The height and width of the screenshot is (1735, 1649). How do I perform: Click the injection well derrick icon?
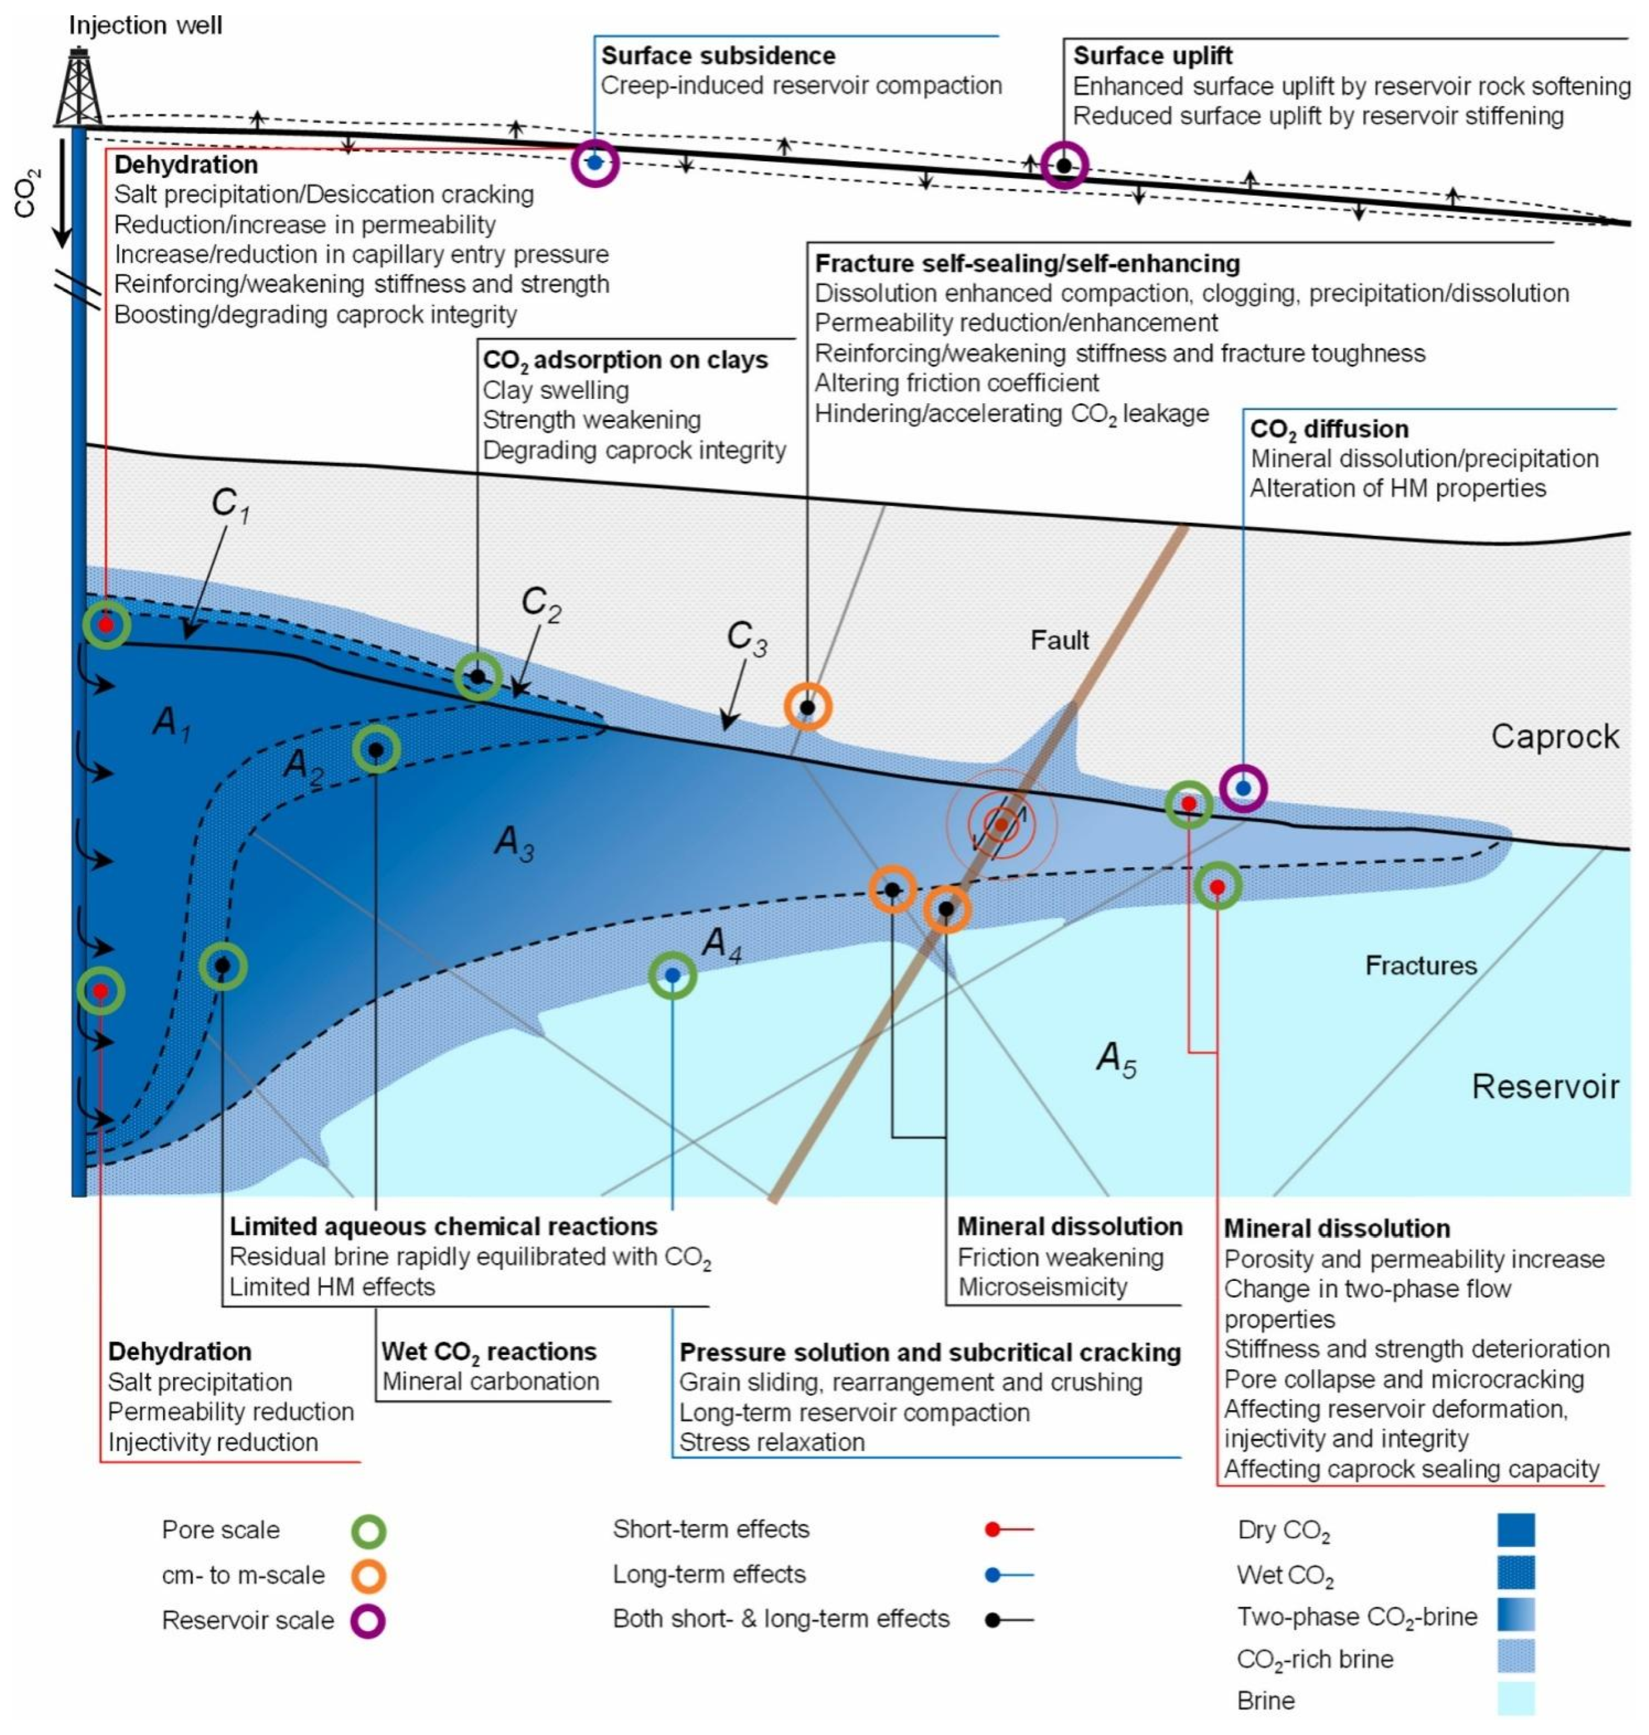pos(79,88)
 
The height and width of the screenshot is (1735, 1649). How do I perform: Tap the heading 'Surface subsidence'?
pos(717,56)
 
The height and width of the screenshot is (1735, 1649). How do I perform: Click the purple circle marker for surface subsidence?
pos(595,163)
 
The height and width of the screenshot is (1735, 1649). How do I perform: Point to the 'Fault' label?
pos(1059,640)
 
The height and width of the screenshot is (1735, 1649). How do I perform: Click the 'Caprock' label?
pos(1554,736)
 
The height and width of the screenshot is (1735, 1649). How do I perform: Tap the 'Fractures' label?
pos(1421,966)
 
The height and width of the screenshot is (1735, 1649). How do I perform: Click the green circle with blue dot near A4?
pos(672,975)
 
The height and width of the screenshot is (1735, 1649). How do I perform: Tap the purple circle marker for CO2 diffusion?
pos(1243,788)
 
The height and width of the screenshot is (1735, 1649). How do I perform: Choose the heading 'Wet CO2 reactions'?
pos(489,1352)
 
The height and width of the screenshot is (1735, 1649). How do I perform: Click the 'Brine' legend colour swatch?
pos(1516,1699)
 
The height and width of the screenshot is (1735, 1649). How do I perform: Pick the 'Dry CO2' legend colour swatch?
pos(1516,1530)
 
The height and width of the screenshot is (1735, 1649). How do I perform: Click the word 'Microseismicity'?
pos(1043,1287)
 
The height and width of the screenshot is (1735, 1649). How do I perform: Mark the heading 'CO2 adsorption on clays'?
pos(625,360)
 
